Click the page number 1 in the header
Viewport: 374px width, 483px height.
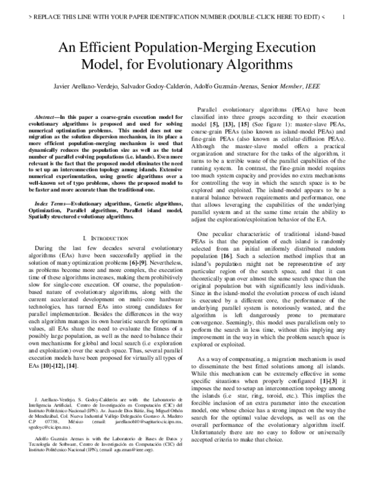pyautogui.click(x=343, y=17)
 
